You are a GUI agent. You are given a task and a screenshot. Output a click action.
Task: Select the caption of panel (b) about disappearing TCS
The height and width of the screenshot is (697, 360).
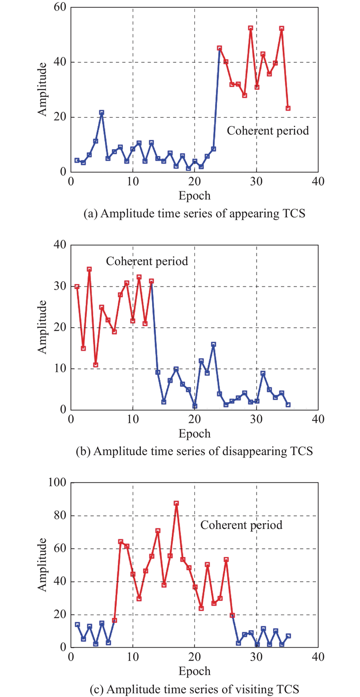[194, 452]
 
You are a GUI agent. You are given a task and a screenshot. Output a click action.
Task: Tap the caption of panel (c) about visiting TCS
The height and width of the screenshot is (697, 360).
[194, 689]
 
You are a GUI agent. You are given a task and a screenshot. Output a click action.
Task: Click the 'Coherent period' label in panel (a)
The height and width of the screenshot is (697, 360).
[268, 131]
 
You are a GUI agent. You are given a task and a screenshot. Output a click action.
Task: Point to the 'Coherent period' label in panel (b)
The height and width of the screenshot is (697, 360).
[147, 261]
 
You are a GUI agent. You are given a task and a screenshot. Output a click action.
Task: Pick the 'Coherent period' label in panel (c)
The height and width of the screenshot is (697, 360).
[241, 525]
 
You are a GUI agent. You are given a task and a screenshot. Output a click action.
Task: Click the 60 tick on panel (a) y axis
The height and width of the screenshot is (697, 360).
[60, 8]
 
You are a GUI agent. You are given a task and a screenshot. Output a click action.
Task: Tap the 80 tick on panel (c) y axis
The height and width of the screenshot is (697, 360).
[60, 516]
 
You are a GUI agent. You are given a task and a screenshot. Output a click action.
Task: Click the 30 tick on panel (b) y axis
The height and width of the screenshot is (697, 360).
[60, 287]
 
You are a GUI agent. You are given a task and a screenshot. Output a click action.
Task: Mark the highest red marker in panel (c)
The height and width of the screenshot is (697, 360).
[176, 503]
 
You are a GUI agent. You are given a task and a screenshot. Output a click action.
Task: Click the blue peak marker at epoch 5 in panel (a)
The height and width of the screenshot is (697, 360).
[101, 112]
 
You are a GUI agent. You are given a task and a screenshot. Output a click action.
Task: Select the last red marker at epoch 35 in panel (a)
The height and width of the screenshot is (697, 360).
[288, 108]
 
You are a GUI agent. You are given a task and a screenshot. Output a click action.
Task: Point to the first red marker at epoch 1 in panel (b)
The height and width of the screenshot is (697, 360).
[77, 287]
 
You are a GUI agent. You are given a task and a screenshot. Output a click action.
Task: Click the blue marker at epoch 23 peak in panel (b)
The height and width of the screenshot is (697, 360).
[213, 344]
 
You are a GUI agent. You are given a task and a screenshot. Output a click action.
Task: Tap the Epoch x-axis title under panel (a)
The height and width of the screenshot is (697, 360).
[194, 196]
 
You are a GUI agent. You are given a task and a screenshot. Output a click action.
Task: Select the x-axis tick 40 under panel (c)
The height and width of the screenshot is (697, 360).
[318, 657]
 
